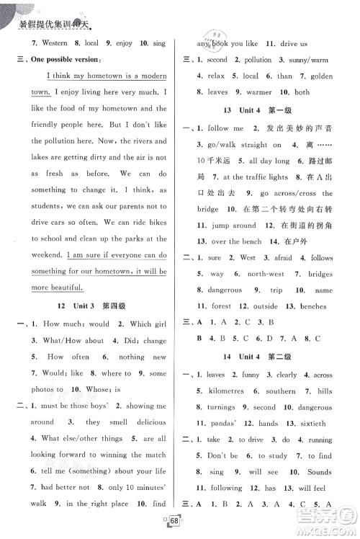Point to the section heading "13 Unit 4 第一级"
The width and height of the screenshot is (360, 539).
pos(261,109)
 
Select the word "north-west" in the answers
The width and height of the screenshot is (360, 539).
pos(268,274)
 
